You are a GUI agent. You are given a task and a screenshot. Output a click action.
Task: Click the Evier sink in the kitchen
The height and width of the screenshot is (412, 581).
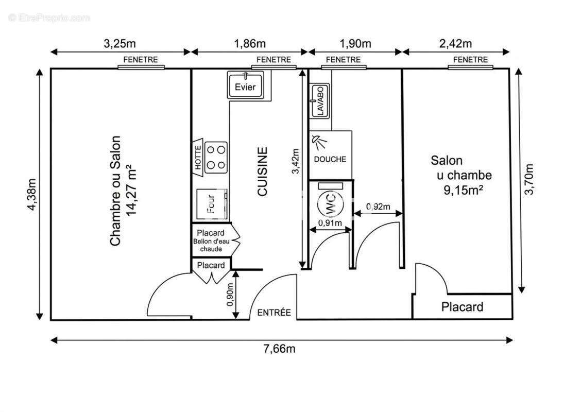pyautogui.click(x=245, y=85)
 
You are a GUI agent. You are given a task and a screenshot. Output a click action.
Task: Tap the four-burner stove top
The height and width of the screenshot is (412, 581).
pyautogui.click(x=216, y=157)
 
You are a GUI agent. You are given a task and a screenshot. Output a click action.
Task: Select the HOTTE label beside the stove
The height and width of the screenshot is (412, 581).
pyautogui.click(x=198, y=157)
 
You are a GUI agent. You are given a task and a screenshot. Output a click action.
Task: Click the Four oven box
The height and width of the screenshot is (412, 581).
pyautogui.click(x=212, y=204)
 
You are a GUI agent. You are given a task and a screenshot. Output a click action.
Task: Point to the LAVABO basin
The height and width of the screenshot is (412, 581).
pyautogui.click(x=319, y=101)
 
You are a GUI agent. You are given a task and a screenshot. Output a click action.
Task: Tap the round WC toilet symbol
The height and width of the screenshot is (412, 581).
pyautogui.click(x=331, y=204)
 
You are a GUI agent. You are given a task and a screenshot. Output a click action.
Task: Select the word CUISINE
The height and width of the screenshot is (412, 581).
pyautogui.click(x=262, y=171)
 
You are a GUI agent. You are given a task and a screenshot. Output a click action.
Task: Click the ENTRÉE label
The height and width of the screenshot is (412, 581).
pyautogui.click(x=274, y=313)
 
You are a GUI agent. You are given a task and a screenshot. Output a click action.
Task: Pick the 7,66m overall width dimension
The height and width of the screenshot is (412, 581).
pyautogui.click(x=280, y=349)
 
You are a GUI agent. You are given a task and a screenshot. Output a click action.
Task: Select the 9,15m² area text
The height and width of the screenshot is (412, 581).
pyautogui.click(x=463, y=190)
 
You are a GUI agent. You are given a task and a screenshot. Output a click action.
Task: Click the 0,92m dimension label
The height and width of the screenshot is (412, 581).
pyautogui.click(x=378, y=207)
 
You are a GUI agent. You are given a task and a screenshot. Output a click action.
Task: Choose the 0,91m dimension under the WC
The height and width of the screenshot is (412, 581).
pyautogui.click(x=330, y=223)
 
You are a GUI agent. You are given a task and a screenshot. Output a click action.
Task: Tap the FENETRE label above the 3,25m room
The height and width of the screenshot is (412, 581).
pyautogui.click(x=141, y=59)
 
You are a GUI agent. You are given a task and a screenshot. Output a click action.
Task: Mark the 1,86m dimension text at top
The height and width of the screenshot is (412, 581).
pyautogui.click(x=250, y=44)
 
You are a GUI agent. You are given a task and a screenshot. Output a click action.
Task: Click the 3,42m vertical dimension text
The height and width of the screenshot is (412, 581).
pyautogui.click(x=295, y=161)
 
